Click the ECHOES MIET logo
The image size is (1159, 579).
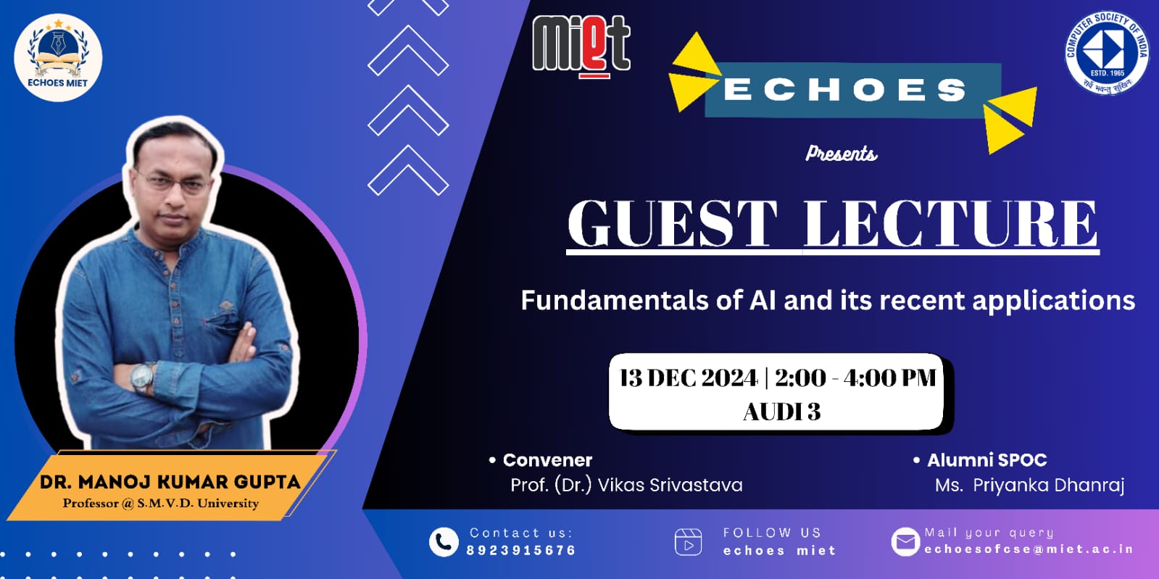(x=58, y=57)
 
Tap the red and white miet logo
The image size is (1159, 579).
(x=581, y=45)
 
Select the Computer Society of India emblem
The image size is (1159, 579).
(x=1106, y=52)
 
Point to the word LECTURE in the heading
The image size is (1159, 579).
(x=950, y=224)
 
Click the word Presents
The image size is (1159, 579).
(x=841, y=154)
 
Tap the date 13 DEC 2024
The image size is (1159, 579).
(x=688, y=378)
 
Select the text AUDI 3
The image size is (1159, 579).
(x=781, y=412)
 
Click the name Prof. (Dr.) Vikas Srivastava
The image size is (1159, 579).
(x=626, y=485)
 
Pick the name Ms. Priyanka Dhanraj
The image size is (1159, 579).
(x=1029, y=485)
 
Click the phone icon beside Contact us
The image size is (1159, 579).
(x=444, y=541)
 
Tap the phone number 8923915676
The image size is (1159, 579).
(x=521, y=550)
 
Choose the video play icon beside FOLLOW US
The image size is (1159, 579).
(x=688, y=542)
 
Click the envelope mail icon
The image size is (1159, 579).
(x=905, y=541)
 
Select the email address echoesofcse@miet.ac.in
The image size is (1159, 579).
(x=1028, y=549)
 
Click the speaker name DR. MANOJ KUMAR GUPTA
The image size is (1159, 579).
(x=170, y=482)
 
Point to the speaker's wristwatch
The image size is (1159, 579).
(x=142, y=376)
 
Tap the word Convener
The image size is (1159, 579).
(x=547, y=460)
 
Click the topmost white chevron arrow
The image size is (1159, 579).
(x=408, y=7)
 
